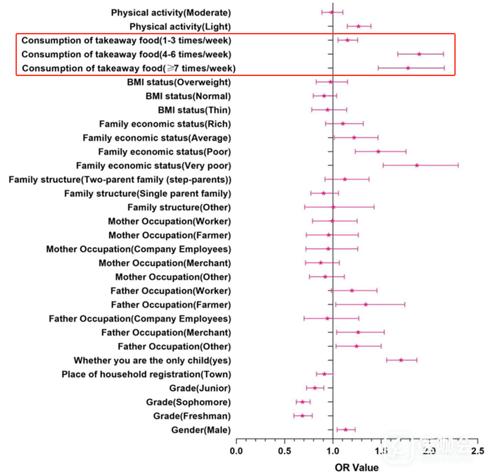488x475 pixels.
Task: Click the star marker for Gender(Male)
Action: (345, 429)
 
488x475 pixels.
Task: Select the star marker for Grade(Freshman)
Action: (302, 416)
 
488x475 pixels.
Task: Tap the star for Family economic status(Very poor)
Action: (417, 165)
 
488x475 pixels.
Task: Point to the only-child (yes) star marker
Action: (401, 360)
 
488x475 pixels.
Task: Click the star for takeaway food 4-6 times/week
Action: (419, 53)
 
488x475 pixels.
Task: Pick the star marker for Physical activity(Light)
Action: (358, 26)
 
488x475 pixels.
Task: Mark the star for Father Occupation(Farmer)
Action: (366, 304)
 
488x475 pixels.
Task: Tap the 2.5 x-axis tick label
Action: (477, 451)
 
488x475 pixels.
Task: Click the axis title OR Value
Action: (357, 467)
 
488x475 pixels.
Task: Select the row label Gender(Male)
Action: (200, 429)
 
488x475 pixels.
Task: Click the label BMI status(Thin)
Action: (194, 110)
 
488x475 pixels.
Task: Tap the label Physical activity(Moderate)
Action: (171, 12)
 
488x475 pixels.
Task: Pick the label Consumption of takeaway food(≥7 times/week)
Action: (129, 68)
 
